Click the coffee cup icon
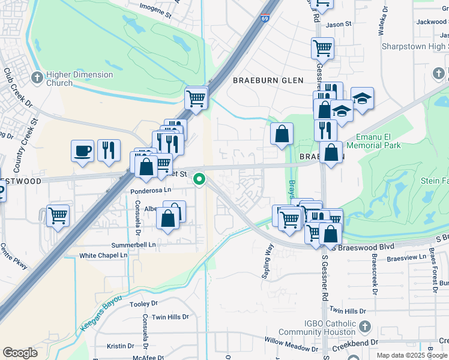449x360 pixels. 82,151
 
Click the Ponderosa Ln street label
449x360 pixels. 151,190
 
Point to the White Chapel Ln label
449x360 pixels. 103,256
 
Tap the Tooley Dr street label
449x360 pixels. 143,304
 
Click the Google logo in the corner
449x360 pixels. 20,352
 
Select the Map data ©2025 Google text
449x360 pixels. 412,355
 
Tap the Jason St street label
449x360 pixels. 338,25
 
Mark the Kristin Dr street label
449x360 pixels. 120,346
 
